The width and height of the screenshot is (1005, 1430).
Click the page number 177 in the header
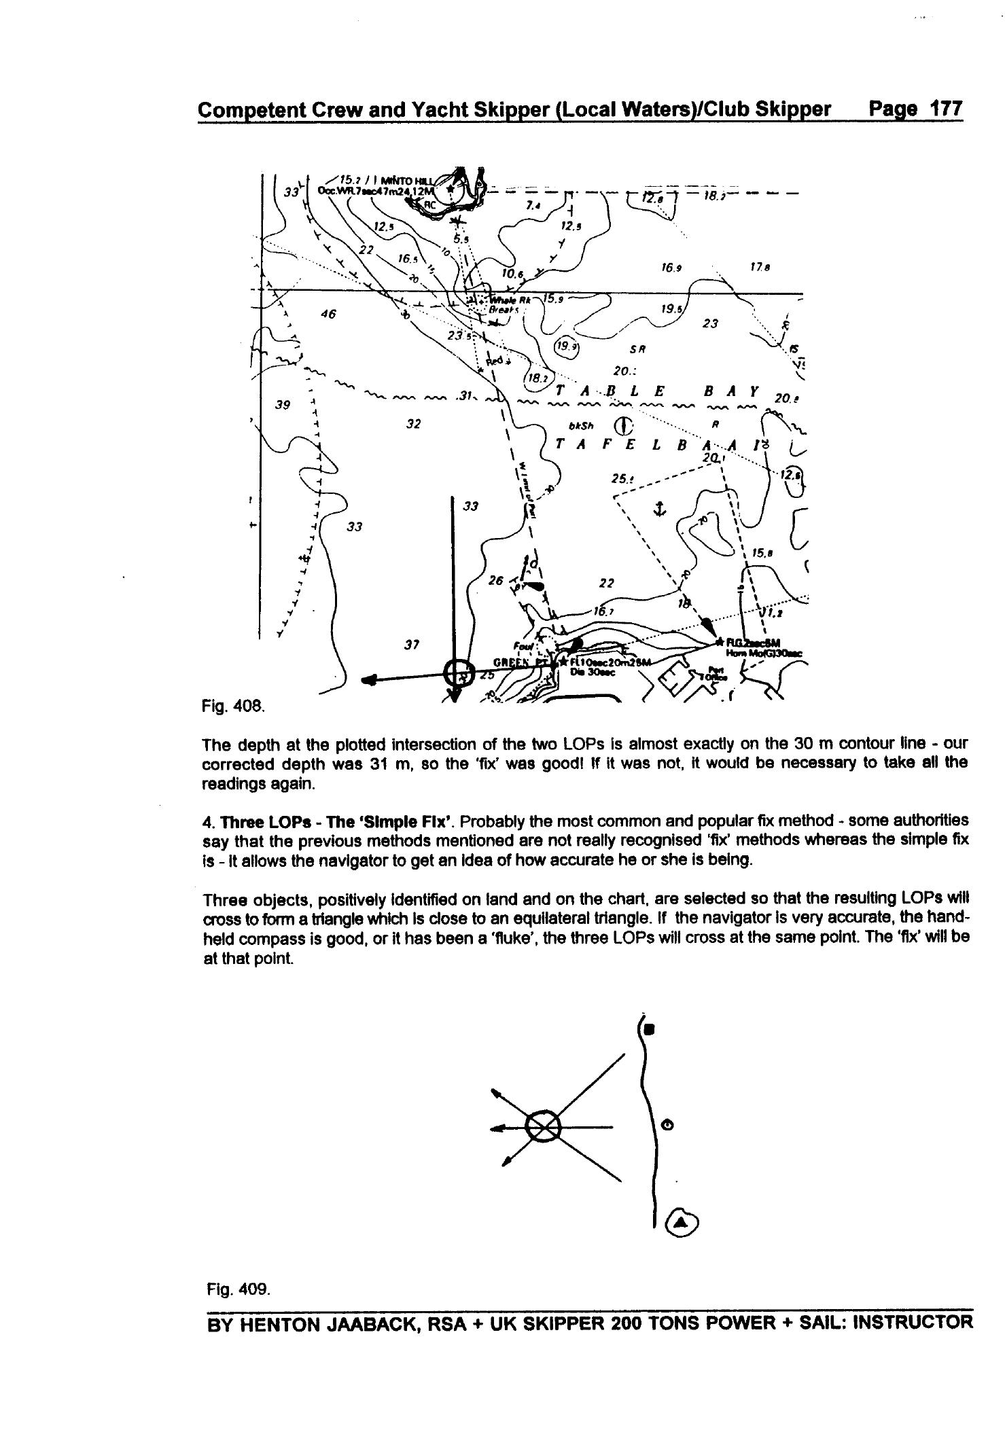click(x=945, y=109)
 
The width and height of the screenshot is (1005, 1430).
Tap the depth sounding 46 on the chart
click(x=329, y=314)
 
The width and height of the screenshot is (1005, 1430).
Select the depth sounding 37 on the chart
click(x=410, y=645)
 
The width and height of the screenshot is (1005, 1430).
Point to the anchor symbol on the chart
click(x=658, y=508)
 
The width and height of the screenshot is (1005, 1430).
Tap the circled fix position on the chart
click(x=457, y=673)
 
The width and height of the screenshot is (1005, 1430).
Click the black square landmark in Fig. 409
click(x=649, y=1030)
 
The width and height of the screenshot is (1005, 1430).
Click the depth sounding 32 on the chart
click(x=413, y=424)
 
